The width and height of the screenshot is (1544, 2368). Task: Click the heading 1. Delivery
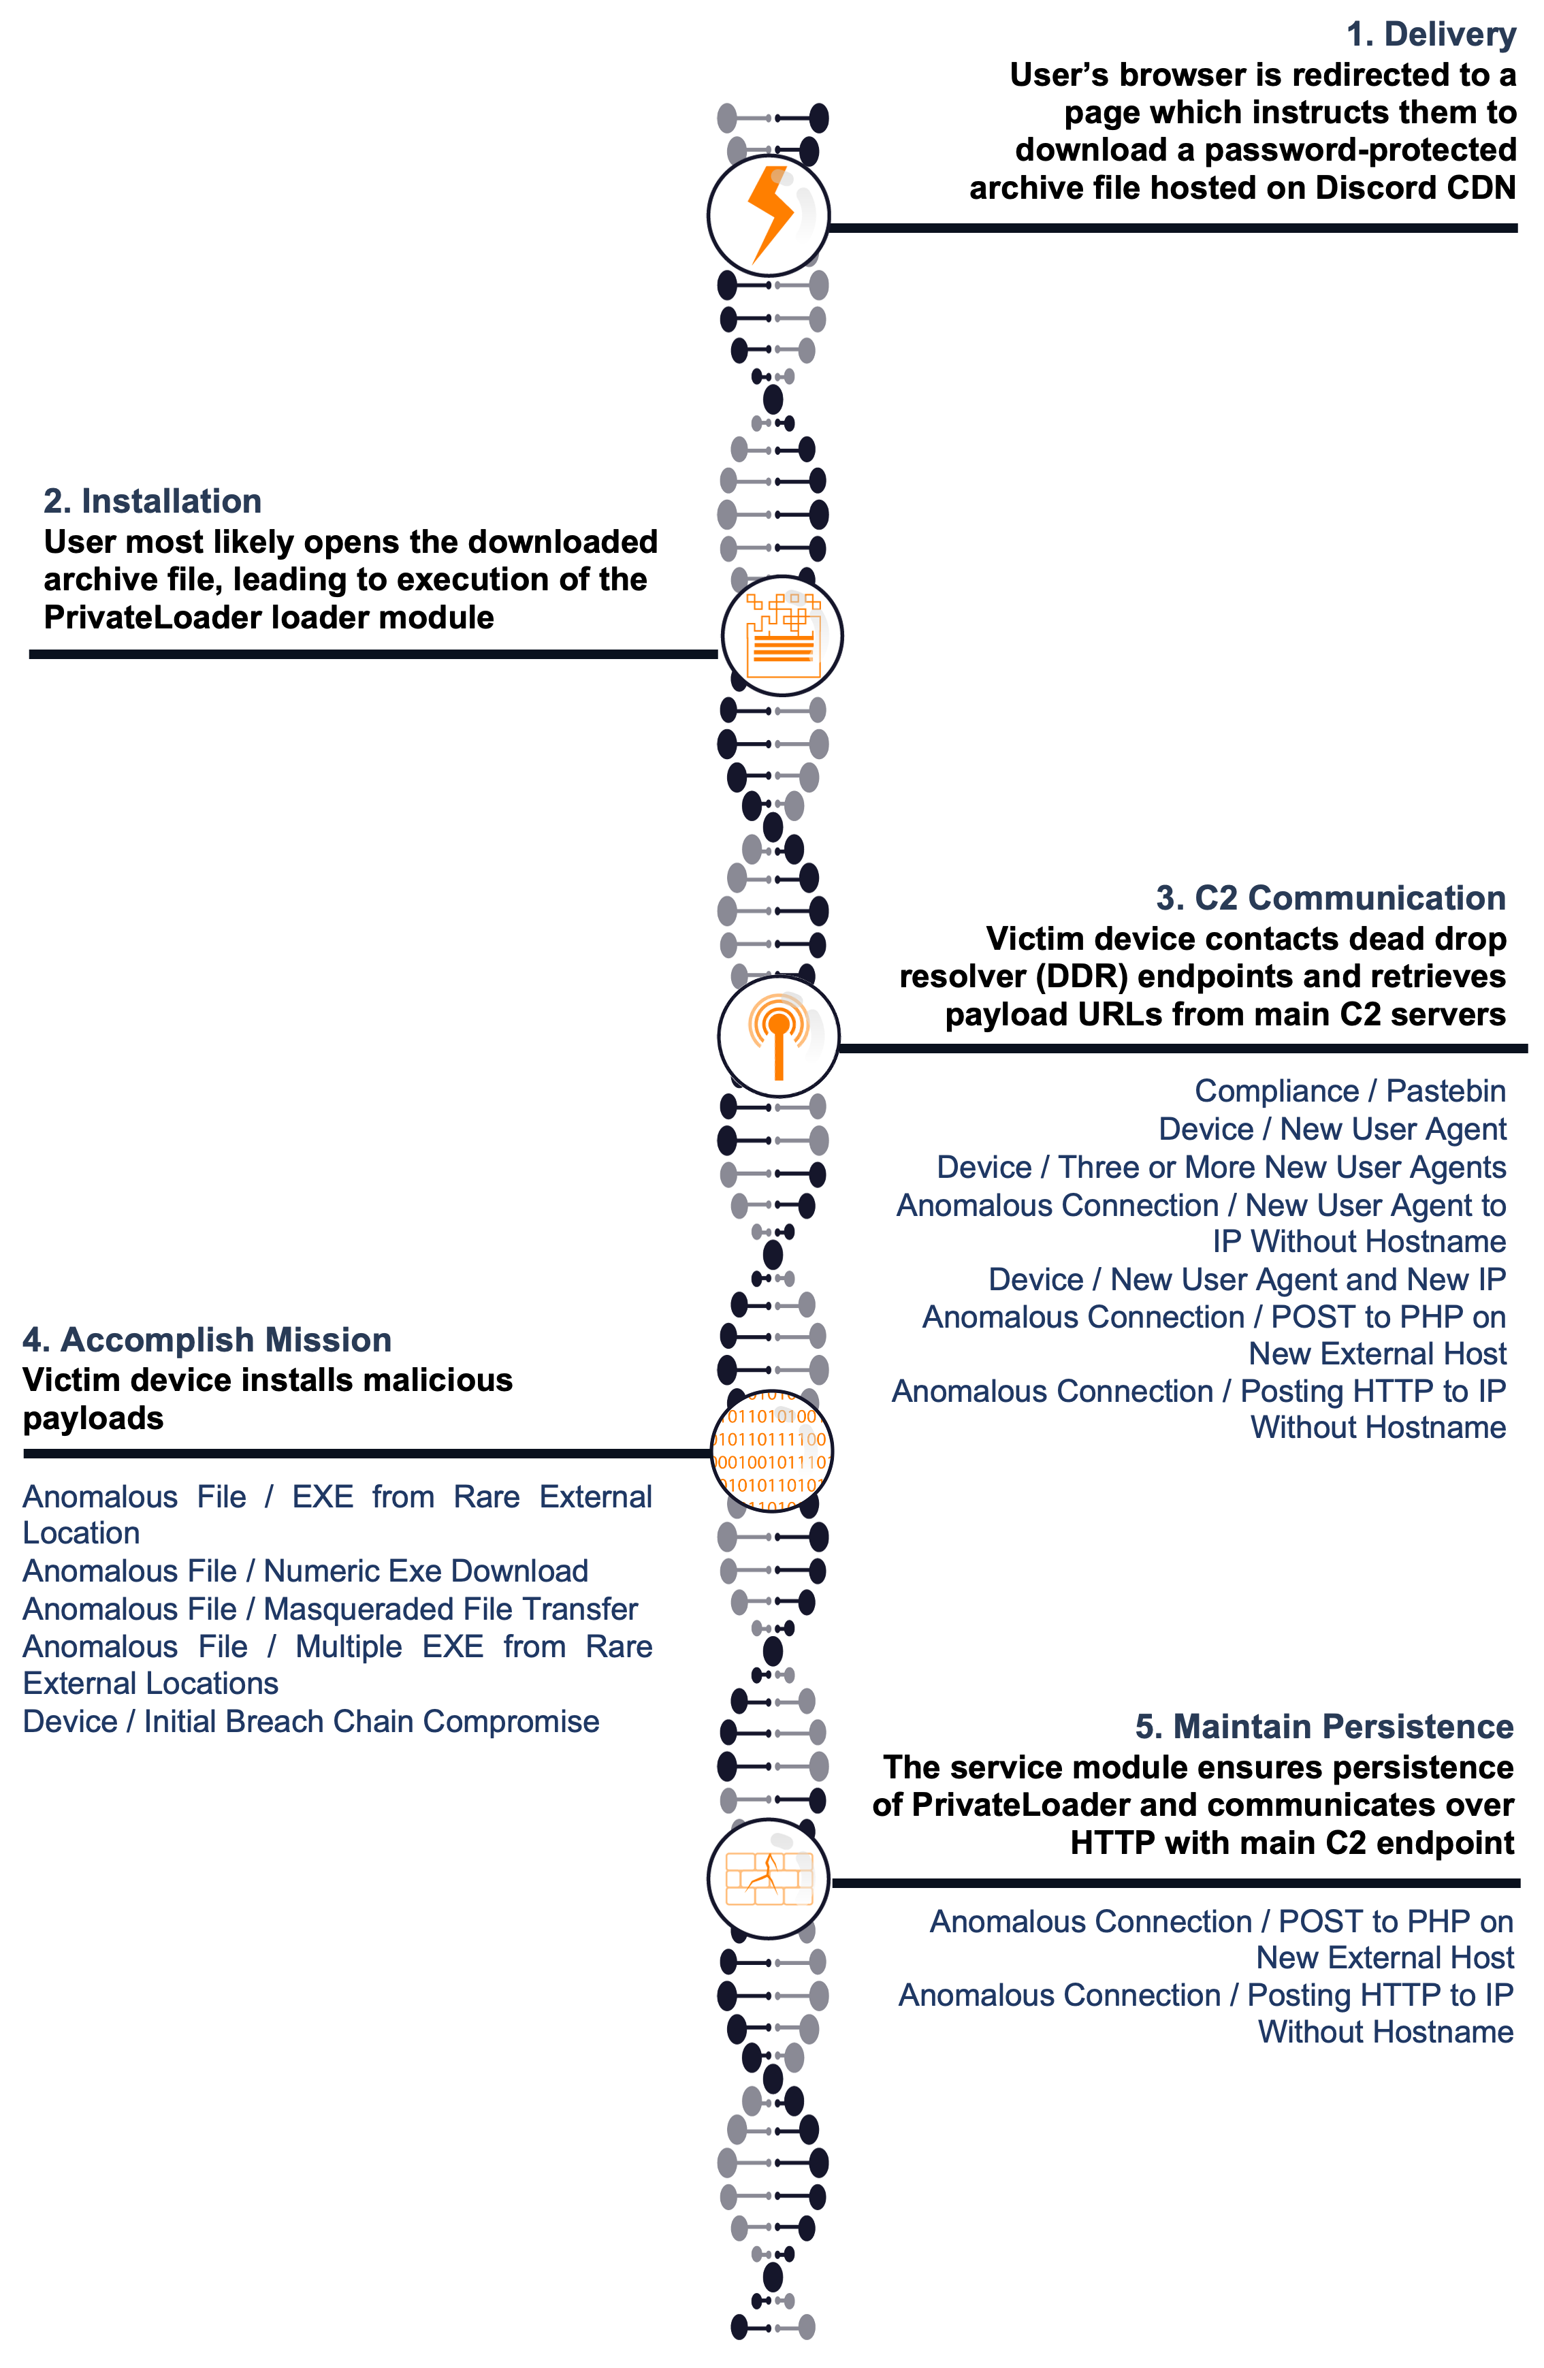tap(1430, 35)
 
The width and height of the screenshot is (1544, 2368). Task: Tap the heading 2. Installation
tap(152, 502)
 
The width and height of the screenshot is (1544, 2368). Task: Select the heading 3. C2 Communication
tap(1330, 899)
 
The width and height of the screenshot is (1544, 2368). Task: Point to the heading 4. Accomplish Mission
tap(207, 1340)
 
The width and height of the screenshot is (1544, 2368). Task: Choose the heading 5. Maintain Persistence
tap(1324, 1727)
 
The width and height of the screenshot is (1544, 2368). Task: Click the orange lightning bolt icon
tap(769, 215)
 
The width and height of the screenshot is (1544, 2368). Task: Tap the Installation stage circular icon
tap(782, 636)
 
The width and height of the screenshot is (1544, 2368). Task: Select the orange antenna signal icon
tap(779, 1037)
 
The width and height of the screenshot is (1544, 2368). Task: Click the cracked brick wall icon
tap(769, 1878)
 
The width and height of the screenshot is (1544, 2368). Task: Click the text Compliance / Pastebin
tap(1350, 1091)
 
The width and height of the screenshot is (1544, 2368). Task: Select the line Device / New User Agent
tap(1332, 1130)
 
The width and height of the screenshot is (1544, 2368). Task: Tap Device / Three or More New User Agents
tap(1221, 1167)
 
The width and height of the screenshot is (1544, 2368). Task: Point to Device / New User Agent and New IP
tap(1247, 1279)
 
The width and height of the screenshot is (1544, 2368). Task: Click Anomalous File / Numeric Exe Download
tap(306, 1571)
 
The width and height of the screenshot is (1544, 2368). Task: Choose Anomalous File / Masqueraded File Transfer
tap(330, 1609)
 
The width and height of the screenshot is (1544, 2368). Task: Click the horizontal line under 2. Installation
tap(373, 655)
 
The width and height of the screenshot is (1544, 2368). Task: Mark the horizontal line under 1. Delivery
tap(1174, 228)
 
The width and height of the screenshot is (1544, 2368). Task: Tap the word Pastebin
tap(1445, 1091)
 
